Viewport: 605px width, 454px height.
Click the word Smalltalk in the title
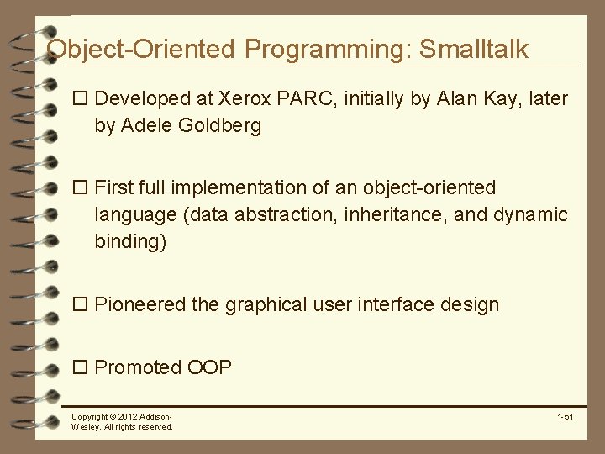pos(474,49)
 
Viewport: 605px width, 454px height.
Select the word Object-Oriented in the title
pos(141,49)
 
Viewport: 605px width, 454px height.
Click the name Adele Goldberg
pos(191,126)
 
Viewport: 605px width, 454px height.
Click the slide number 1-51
pos(565,417)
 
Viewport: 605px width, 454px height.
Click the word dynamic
pos(530,215)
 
